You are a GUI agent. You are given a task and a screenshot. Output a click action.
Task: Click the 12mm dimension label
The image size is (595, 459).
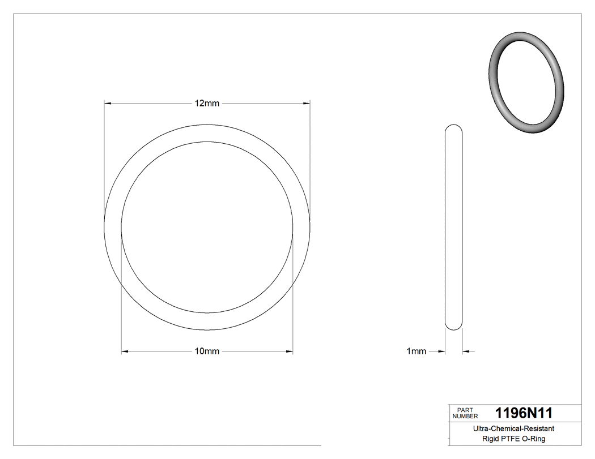coord(207,103)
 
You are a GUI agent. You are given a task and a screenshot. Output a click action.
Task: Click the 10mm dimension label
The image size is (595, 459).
coord(207,351)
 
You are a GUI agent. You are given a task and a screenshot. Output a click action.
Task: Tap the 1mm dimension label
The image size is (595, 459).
coord(416,351)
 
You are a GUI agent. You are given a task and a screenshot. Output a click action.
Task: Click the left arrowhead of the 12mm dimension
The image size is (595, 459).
coord(108,103)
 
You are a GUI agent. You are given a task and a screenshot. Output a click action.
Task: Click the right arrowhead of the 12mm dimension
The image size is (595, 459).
coord(307,103)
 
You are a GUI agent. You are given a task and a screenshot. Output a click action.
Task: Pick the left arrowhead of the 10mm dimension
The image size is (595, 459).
coord(125,351)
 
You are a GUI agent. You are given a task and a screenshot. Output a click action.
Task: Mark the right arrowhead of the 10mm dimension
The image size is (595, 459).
coord(289,351)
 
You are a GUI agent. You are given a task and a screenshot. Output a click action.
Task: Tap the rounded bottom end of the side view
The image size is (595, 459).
coord(453,325)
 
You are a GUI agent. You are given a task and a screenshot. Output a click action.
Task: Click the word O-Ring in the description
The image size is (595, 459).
coord(534,439)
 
